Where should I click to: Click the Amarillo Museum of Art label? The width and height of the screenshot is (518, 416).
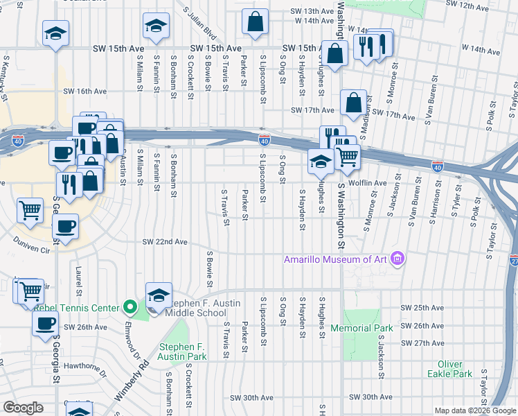pyautogui.click(x=336, y=259)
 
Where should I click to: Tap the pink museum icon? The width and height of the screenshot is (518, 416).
pyautogui.click(x=397, y=259)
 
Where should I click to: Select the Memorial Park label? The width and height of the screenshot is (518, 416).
pyautogui.click(x=361, y=328)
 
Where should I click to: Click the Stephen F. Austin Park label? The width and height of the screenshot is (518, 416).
pyautogui.click(x=183, y=352)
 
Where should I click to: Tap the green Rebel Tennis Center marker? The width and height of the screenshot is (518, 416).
pyautogui.click(x=129, y=306)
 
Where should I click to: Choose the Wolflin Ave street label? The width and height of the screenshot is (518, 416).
pyautogui.click(x=368, y=183)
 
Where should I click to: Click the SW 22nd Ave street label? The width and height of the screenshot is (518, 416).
pyautogui.click(x=165, y=242)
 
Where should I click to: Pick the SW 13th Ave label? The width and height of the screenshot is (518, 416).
pyautogui.click(x=312, y=11)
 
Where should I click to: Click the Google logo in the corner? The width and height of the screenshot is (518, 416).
pyautogui.click(x=23, y=408)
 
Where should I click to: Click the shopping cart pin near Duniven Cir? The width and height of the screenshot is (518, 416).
pyautogui.click(x=30, y=210)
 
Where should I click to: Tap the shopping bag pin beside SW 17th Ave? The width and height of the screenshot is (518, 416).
pyautogui.click(x=353, y=103)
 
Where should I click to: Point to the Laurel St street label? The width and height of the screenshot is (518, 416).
pyautogui.click(x=78, y=278)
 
